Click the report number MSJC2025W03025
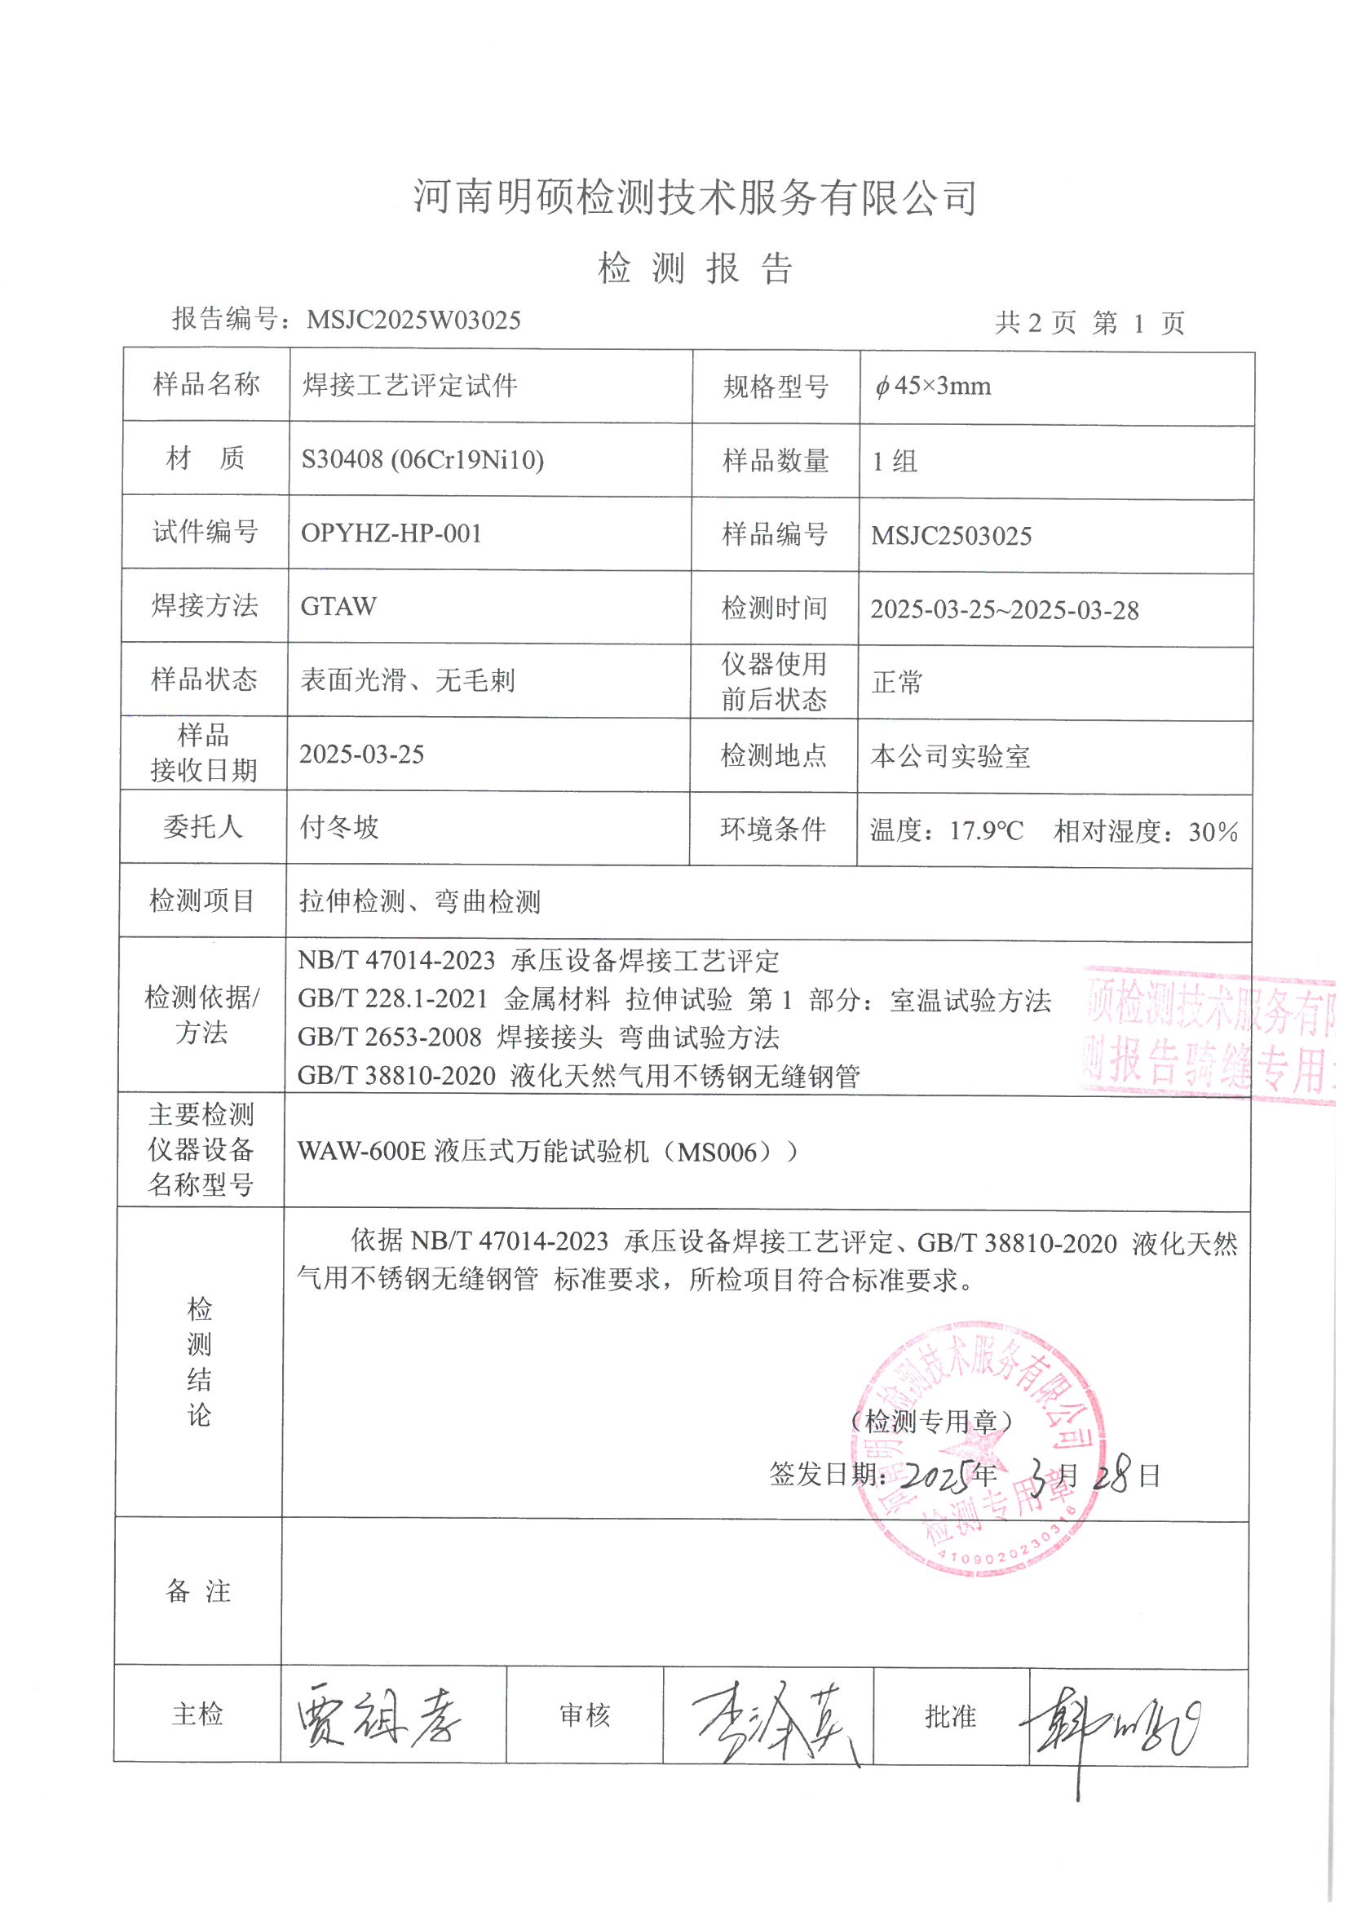click(x=413, y=320)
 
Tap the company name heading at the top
click(x=694, y=197)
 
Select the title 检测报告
click(x=694, y=268)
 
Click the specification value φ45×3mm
click(x=933, y=387)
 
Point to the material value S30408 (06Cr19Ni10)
click(x=422, y=459)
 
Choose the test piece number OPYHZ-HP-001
click(x=391, y=533)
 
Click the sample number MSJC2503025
click(x=951, y=536)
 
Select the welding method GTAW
click(x=338, y=606)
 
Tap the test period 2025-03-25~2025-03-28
click(x=1004, y=609)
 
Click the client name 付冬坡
click(x=339, y=827)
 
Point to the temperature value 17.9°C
click(x=986, y=830)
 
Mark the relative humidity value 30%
click(x=1213, y=831)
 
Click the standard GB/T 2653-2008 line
click(x=538, y=1038)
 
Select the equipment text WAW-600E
click(x=361, y=1152)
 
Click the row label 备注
click(x=198, y=1590)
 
